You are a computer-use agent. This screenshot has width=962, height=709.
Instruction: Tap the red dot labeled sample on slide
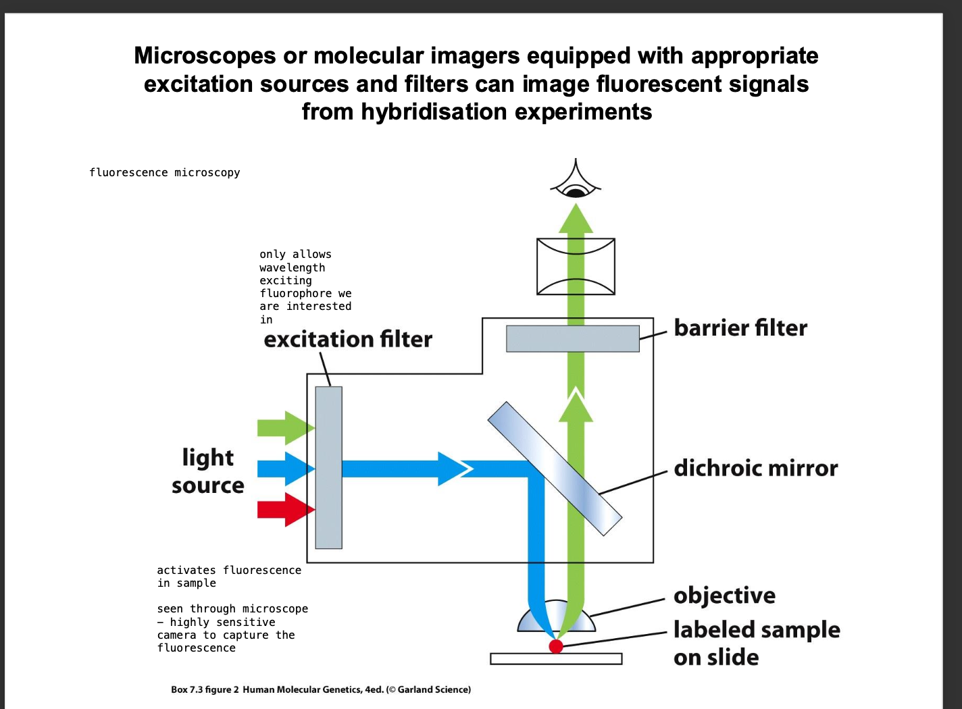(556, 646)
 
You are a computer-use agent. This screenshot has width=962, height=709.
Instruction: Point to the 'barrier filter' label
(740, 328)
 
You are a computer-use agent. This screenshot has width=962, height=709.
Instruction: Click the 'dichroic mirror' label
(755, 468)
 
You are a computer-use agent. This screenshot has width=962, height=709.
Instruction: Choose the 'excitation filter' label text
(347, 339)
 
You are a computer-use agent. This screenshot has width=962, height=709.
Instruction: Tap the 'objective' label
(724, 596)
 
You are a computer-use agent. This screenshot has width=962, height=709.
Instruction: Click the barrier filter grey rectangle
(573, 338)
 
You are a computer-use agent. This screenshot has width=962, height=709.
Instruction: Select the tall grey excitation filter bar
(328, 467)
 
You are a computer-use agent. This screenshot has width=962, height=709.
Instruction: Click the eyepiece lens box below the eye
(576, 266)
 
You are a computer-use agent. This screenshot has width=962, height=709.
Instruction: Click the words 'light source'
(207, 471)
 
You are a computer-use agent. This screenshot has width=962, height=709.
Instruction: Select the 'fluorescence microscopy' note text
(164, 173)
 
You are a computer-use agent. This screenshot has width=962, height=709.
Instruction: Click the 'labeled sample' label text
(757, 630)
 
